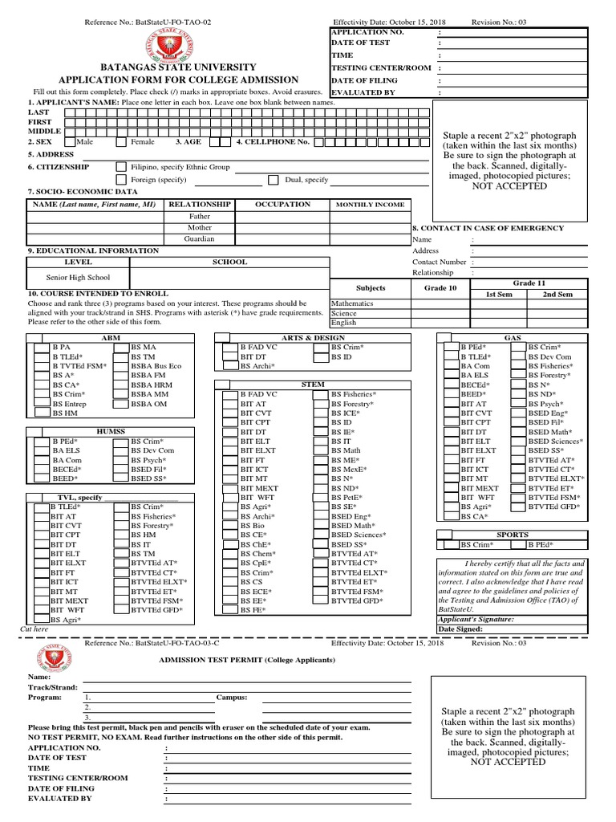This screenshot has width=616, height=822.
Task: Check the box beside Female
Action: click(121, 142)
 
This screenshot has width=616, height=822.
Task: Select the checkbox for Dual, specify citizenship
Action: click(274, 180)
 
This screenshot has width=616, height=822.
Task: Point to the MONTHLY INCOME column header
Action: click(370, 205)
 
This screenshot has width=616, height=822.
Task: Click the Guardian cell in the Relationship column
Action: click(200, 239)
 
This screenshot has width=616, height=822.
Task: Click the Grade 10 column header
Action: click(440, 288)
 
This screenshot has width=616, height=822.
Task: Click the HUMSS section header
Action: click(111, 432)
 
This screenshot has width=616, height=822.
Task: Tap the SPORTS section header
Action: click(513, 535)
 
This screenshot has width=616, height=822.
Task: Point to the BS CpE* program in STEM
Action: click(256, 564)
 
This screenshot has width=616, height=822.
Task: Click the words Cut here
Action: click(34, 630)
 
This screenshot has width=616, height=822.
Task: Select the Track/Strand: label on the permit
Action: click(53, 688)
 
